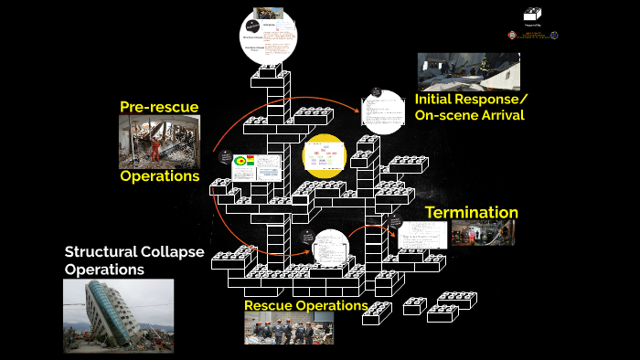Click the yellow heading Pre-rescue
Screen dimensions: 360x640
click(159, 107)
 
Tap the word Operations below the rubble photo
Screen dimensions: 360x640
click(160, 175)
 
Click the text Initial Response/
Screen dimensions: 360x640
click(471, 99)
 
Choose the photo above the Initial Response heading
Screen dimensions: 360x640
click(468, 71)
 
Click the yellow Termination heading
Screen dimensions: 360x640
click(471, 213)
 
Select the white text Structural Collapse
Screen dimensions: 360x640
click(133, 252)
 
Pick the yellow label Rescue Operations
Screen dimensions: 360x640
click(305, 305)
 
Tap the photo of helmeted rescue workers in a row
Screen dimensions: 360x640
click(288, 328)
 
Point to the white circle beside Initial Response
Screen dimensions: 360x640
click(382, 112)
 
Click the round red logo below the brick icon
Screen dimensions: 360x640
click(512, 36)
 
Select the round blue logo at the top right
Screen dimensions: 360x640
click(554, 36)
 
